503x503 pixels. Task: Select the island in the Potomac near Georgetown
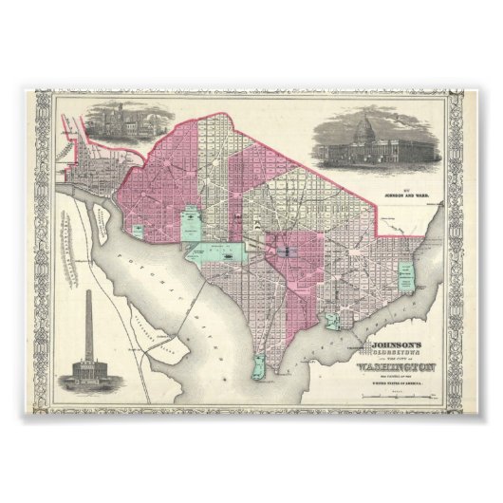(x=98, y=217)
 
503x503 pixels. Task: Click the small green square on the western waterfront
(x=139, y=229)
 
